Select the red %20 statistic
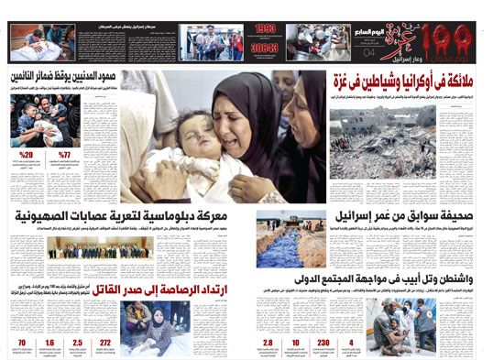27,153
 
